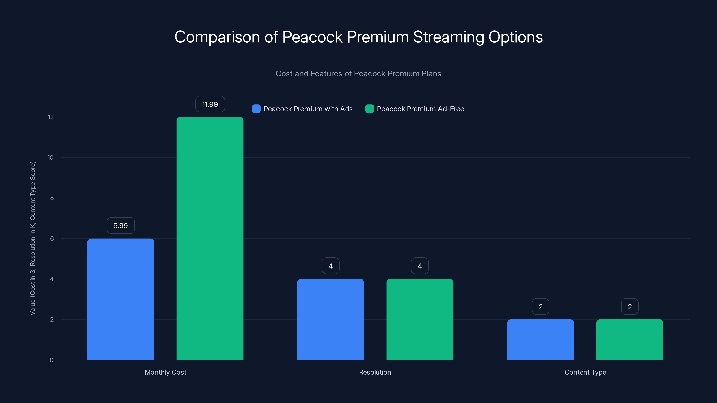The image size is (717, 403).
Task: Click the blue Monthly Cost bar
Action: [x=121, y=299]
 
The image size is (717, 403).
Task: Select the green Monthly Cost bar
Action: [x=210, y=238]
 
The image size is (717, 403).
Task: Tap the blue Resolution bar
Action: [x=330, y=319]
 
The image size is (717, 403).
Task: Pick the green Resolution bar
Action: [x=420, y=319]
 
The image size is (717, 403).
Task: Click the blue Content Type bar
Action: [x=540, y=340]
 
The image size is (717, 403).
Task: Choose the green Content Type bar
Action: [x=630, y=340]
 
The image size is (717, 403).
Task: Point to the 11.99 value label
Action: [x=210, y=104]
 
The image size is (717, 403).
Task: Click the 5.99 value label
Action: [x=121, y=225]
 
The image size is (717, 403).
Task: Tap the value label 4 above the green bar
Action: [x=420, y=266]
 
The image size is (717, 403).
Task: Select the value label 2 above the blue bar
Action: [x=540, y=307]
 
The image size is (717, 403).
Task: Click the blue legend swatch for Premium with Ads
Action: [x=256, y=109]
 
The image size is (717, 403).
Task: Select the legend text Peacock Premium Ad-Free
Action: [x=420, y=109]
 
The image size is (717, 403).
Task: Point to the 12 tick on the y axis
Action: [x=51, y=117]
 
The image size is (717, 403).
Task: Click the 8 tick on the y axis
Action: [x=52, y=198]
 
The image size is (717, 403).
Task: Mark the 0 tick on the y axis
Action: [x=52, y=360]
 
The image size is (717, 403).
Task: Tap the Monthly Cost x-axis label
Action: [x=165, y=372]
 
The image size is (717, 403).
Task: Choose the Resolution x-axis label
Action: [x=375, y=372]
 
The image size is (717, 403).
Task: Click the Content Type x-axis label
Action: [x=585, y=372]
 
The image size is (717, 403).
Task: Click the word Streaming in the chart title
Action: [x=448, y=37]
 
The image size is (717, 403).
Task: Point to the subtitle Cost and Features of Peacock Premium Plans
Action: [x=358, y=73]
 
